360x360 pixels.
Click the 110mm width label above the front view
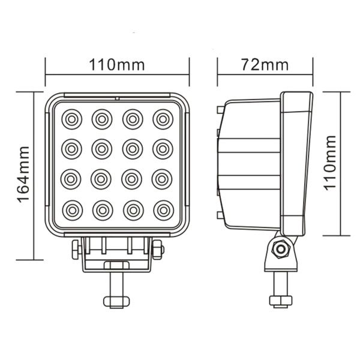click(118, 64)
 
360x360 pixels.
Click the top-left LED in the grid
click(71, 119)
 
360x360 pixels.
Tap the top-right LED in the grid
click(163, 119)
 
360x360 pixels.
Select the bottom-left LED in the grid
click(71, 209)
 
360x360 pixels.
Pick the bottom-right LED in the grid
click(163, 209)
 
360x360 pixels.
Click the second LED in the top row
click(102, 119)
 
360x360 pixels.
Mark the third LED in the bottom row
click(132, 209)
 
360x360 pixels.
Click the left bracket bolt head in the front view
click(76, 249)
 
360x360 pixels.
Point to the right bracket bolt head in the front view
click(158, 249)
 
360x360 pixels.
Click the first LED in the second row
click(71, 148)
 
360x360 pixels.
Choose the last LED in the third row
click(163, 179)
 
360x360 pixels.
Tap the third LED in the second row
click(132, 148)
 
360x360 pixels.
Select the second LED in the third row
click(102, 179)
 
